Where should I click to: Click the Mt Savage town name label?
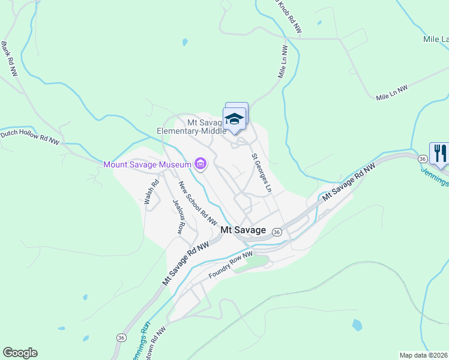click(x=243, y=229)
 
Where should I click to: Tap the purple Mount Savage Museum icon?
click(x=200, y=164)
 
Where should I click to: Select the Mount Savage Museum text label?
click(x=147, y=164)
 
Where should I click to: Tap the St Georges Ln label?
click(x=261, y=173)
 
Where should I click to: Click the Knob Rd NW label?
click(x=289, y=17)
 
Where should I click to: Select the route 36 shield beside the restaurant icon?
click(x=423, y=158)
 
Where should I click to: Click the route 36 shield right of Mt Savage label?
click(x=277, y=232)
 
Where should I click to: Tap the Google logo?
click(x=20, y=353)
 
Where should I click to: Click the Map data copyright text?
click(x=424, y=355)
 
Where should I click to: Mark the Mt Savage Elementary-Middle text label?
click(x=191, y=126)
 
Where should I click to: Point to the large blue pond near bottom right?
click(x=357, y=325)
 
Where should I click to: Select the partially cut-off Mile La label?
click(x=436, y=40)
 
